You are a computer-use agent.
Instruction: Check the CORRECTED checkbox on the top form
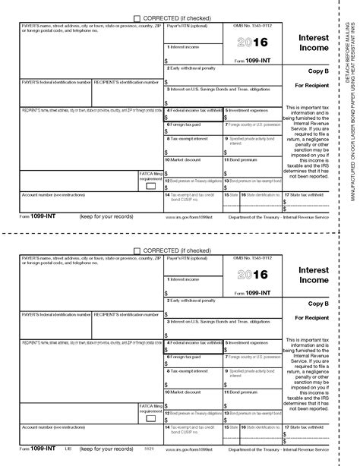[137, 18]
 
